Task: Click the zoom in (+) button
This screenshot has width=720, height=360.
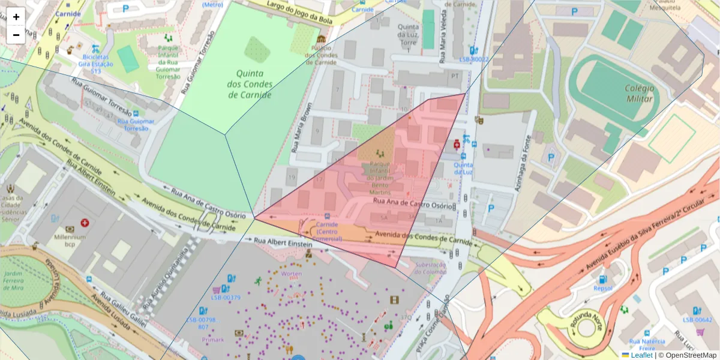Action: [x=16, y=17]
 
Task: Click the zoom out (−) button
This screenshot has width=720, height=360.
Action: [x=16, y=35]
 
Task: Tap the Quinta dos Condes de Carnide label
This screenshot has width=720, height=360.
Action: [x=250, y=84]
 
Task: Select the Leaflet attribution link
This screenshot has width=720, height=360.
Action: [x=641, y=355]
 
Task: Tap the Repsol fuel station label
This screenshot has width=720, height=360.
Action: [x=602, y=288]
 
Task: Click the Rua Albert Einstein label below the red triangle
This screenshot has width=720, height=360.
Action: [x=283, y=242]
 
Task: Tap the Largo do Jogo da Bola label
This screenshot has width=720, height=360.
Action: [x=292, y=13]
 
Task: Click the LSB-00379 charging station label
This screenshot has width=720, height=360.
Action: [x=226, y=298]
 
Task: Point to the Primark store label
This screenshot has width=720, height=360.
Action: [x=212, y=340]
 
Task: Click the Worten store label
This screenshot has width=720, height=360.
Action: [x=291, y=274]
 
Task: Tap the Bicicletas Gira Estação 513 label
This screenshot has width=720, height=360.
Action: [x=95, y=64]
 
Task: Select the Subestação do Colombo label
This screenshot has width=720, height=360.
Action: [x=431, y=268]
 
